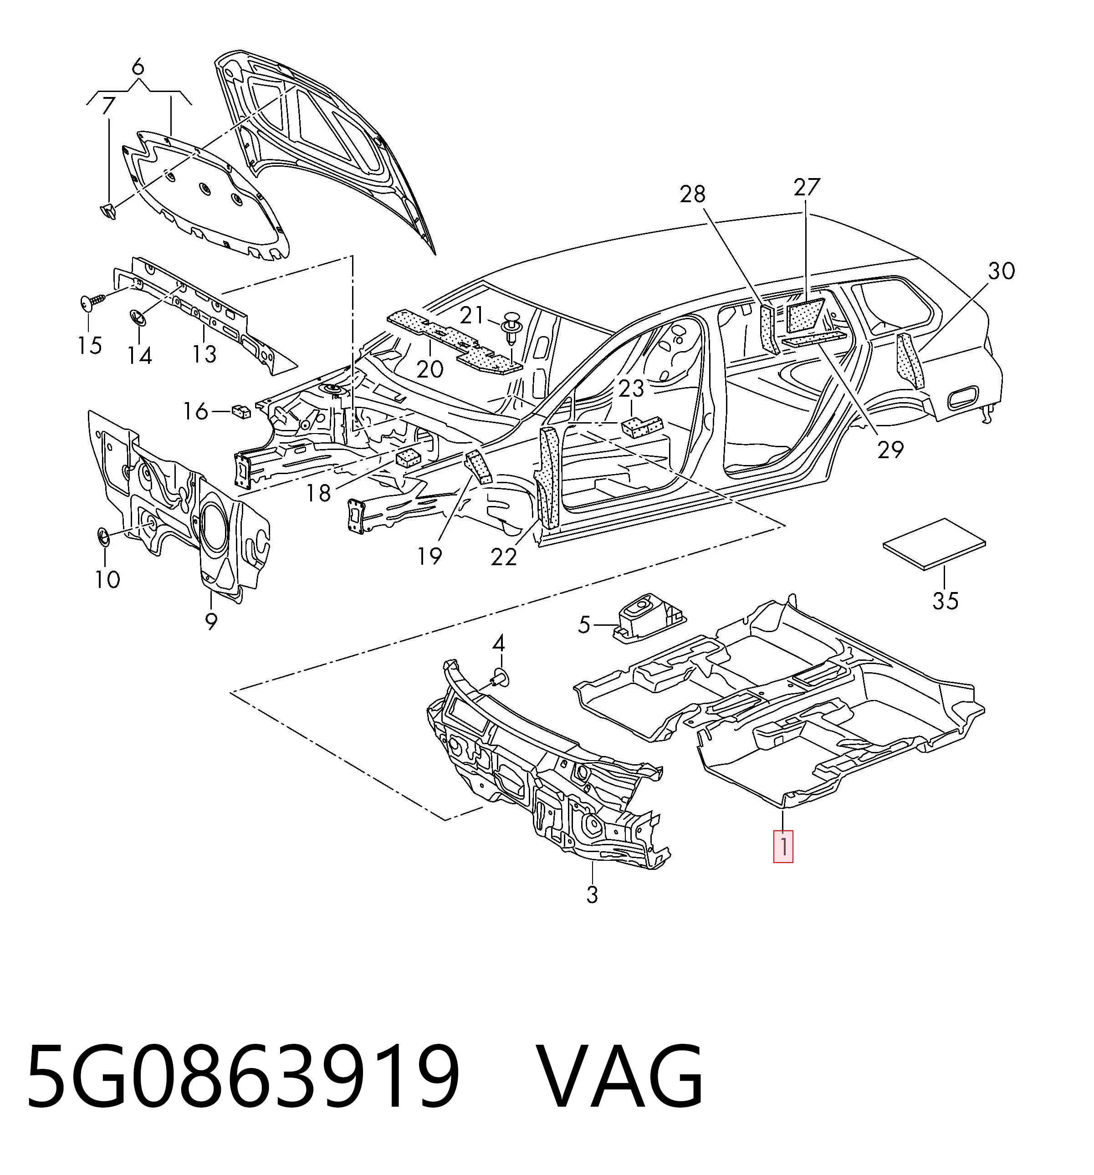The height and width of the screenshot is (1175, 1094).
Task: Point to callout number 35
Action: click(945, 601)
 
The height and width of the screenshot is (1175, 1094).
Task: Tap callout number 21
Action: click(472, 316)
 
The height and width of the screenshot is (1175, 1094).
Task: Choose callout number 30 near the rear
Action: click(1001, 271)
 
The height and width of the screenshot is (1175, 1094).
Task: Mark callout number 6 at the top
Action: click(138, 67)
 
